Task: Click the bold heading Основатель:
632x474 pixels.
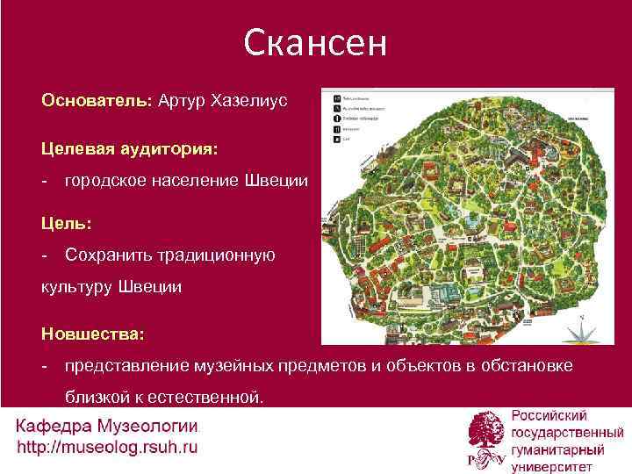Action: click(x=97, y=100)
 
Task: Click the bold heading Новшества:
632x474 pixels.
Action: click(x=93, y=334)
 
